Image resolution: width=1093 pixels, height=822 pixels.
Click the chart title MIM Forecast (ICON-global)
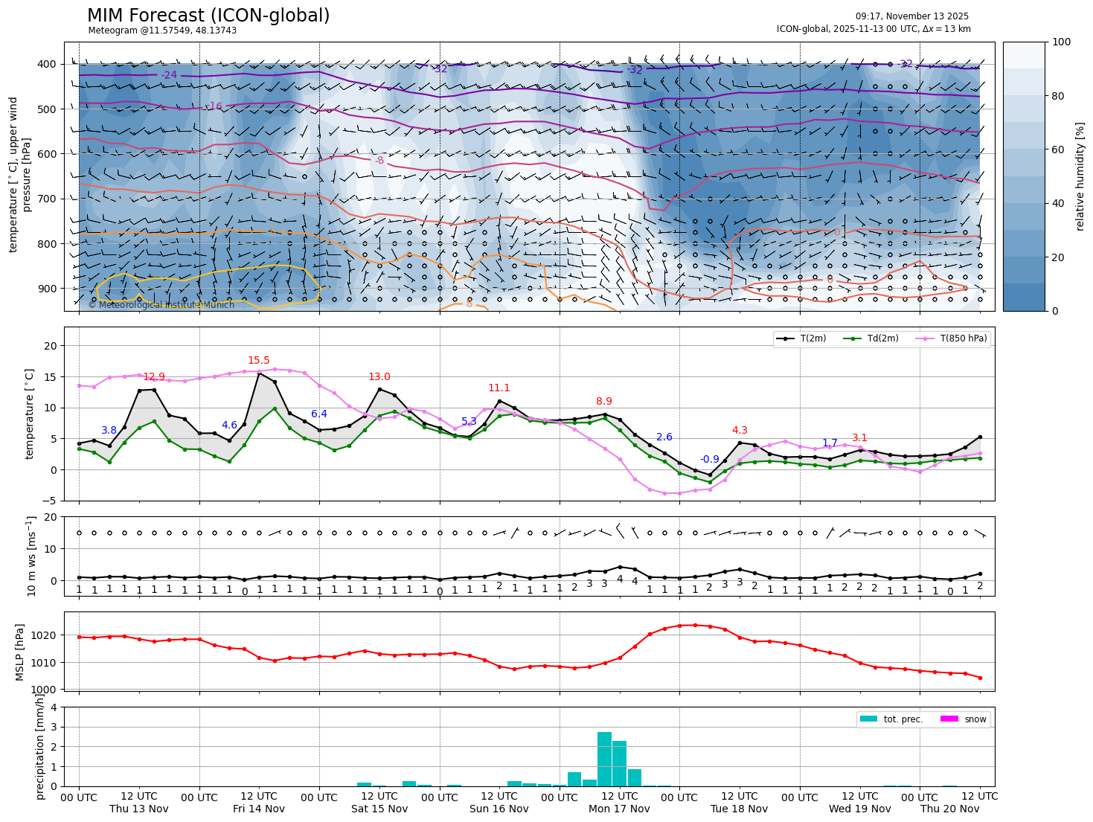pos(208,16)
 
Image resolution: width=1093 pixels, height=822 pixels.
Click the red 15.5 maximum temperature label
pos(259,361)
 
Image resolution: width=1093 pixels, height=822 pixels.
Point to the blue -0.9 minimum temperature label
pos(710,460)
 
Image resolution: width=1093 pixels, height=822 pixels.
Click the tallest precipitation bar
pos(604,759)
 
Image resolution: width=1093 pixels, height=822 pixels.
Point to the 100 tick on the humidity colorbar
pos(1062,42)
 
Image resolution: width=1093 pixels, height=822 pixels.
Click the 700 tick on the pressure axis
pos(47,199)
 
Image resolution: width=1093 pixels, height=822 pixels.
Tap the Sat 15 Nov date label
pos(379,809)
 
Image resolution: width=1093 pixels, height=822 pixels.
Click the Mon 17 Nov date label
pos(619,809)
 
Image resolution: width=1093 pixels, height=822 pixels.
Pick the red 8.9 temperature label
pos(604,402)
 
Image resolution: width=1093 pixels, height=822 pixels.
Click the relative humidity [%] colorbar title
pos(1080,176)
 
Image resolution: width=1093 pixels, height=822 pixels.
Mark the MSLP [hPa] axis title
pos(21,652)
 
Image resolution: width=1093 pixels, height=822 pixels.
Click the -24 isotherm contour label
pos(169,75)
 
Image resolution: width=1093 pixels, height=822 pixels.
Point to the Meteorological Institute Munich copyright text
pos(161,305)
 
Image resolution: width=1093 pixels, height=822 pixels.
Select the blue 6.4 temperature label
pos(319,414)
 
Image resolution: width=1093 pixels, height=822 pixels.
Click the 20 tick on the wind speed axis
pos(51,517)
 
